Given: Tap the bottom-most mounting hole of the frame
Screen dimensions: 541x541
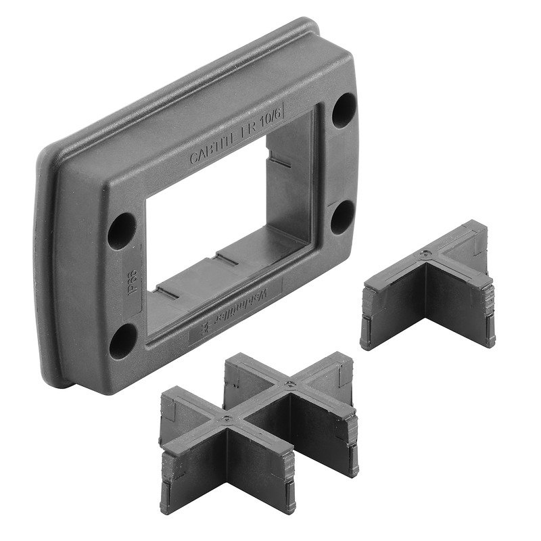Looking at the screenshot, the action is click(x=122, y=340).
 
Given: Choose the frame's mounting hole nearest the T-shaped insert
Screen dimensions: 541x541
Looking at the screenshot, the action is click(x=342, y=216).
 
